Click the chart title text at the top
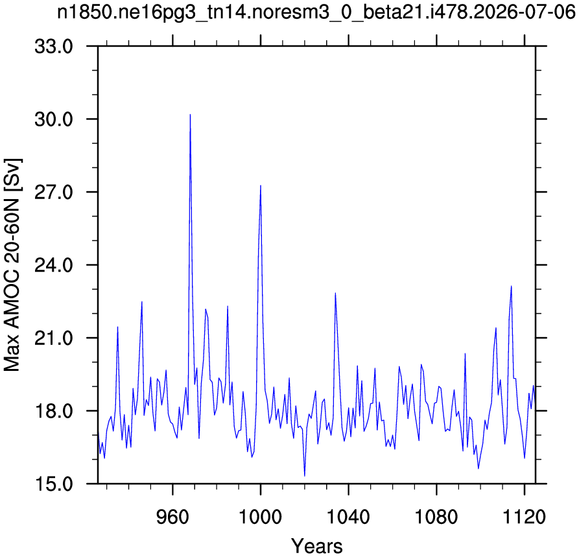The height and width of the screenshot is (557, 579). point(316,12)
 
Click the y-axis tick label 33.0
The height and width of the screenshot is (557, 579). point(54,47)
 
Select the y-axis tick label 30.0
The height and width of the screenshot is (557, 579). point(54,119)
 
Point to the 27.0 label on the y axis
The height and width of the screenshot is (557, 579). point(54,192)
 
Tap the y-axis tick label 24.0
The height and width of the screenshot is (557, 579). point(54,265)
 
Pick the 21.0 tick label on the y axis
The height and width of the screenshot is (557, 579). point(54,338)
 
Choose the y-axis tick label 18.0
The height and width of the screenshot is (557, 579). point(54,410)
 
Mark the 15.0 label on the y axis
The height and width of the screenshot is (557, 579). point(54,484)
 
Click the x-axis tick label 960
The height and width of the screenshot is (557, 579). point(172,516)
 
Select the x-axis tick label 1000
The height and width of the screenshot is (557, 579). point(261,516)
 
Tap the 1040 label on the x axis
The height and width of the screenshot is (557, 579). point(348,516)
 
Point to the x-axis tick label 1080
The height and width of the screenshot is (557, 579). point(436,516)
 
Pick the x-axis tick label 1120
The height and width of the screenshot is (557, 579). point(525,516)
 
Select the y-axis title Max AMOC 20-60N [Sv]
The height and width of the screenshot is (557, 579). point(12,265)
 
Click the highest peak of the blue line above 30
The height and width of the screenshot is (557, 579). point(190,115)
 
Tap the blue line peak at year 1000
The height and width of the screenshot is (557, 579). point(261,185)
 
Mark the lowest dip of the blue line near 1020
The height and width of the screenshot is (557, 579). point(305,476)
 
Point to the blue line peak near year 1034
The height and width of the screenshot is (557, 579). point(335,293)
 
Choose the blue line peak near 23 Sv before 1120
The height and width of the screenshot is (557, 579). point(512,286)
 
